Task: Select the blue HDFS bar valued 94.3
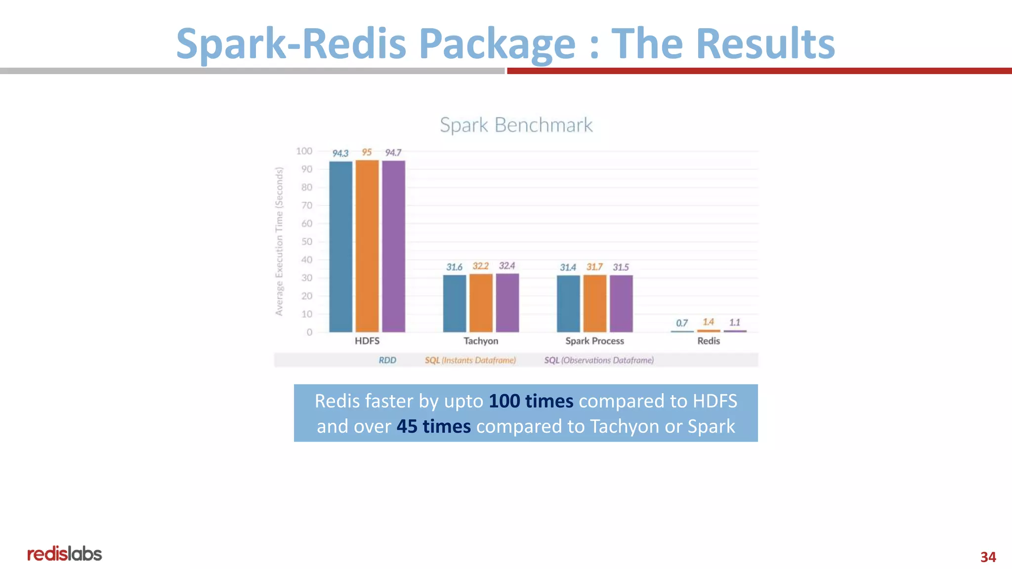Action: tap(341, 246)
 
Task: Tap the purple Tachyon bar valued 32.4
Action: tap(507, 303)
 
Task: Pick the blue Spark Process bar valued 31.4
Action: tap(568, 303)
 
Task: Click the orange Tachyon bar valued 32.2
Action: tap(481, 303)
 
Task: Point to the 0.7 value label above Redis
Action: tap(682, 323)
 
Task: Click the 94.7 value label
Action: tap(393, 153)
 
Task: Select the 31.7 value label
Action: tap(594, 267)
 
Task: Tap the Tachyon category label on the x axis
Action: tap(481, 341)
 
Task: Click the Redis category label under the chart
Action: tap(709, 341)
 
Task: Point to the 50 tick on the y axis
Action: tap(307, 242)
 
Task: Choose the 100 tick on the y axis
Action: tap(304, 151)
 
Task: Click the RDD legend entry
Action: tap(387, 360)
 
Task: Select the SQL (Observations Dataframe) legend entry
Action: tap(599, 360)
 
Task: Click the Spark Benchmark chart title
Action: tap(516, 125)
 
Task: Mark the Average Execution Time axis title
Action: tap(279, 241)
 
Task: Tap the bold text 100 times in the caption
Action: tap(531, 401)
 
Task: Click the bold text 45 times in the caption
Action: tap(433, 426)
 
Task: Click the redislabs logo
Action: tap(65, 554)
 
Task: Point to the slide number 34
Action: tap(988, 557)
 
